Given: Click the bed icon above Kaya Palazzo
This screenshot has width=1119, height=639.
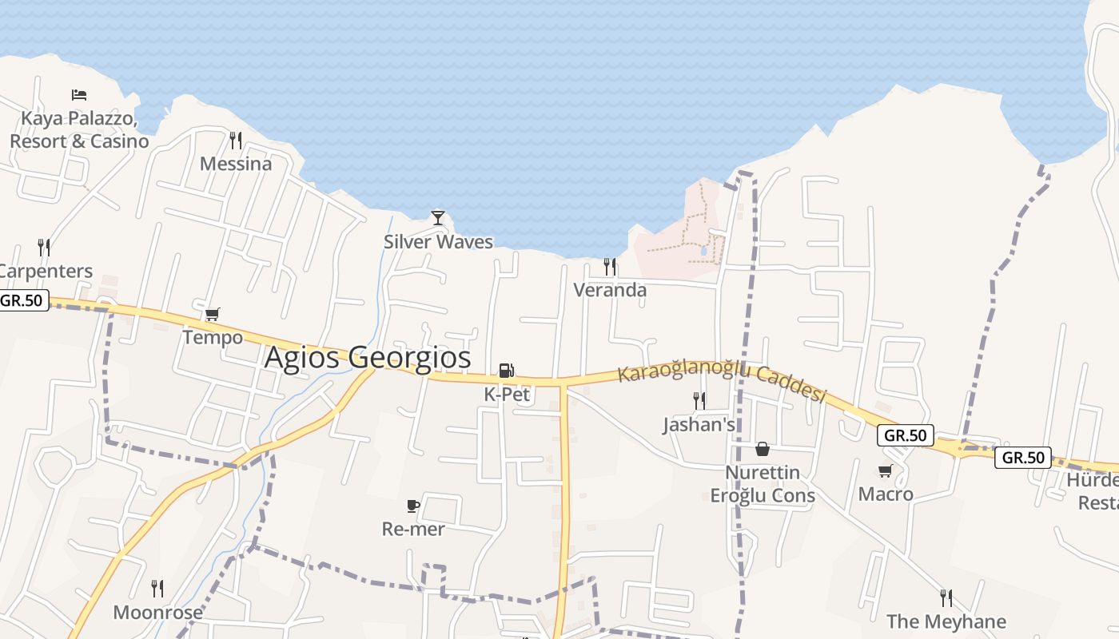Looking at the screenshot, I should pos(79,95).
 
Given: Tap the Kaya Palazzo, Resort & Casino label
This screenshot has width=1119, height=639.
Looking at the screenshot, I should pos(79,130).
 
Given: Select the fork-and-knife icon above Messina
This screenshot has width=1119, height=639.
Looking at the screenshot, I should pos(236,141).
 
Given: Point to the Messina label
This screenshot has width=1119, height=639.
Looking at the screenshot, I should pos(236,164).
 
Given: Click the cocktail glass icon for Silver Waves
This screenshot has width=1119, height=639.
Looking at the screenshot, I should pos(438,217).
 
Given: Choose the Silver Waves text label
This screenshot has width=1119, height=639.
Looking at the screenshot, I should pos(438,241).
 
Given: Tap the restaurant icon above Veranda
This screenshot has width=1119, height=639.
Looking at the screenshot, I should pos(610,267).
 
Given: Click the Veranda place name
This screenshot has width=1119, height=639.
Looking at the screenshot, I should pos(610,290).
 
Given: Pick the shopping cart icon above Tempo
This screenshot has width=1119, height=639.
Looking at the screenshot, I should pos(212,315).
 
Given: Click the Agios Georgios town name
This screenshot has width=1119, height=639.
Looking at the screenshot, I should pos(368,357).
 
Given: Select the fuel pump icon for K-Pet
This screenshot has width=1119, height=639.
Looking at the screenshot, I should pos(507,371).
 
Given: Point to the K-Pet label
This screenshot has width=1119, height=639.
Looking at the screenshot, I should pos(507,395).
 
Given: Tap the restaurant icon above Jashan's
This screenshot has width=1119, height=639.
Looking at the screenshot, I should pos(699,401).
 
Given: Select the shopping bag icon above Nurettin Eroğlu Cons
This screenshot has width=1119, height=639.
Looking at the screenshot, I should pos(763,449).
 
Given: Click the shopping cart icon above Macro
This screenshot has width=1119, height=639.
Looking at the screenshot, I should pos(886,471).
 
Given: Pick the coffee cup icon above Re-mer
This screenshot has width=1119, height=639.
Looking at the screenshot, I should pos(413,506).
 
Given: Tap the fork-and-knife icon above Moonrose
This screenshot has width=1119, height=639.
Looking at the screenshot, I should pos(157,589).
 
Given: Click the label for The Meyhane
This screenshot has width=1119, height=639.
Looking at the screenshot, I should pos(946,621).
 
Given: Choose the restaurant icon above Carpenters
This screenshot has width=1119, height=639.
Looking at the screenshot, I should pos(44,248).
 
